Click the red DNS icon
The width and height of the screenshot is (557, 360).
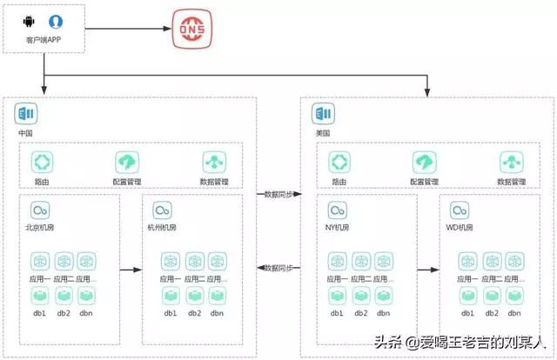tap(190, 29)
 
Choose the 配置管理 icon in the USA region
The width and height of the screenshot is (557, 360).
tap(425, 162)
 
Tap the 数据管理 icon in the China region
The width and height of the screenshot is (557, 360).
tap(213, 162)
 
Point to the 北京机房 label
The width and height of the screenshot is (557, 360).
tap(41, 229)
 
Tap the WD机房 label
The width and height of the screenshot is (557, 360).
tap(460, 229)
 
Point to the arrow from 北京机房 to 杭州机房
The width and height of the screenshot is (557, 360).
tap(130, 270)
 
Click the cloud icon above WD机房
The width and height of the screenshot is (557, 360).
tap(459, 211)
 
